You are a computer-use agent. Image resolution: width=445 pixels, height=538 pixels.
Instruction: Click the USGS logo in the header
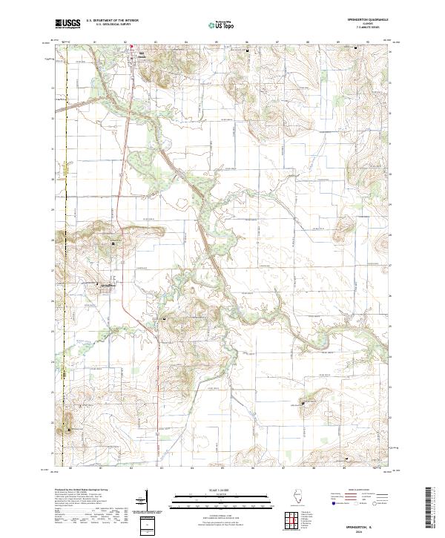click(x=68, y=24)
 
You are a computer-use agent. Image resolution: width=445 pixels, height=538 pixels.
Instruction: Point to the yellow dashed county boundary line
click(x=65, y=223)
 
